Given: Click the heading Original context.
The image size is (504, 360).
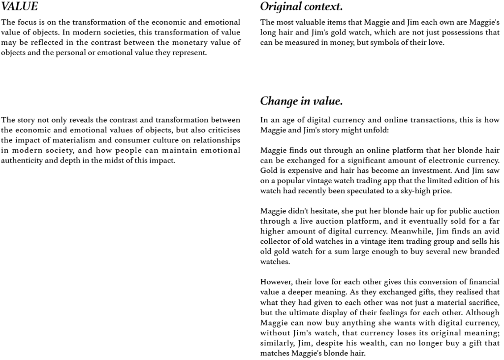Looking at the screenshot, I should [301, 7].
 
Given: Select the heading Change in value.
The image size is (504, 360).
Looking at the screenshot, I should [301, 101].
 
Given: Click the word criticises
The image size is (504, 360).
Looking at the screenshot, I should [222, 130].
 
